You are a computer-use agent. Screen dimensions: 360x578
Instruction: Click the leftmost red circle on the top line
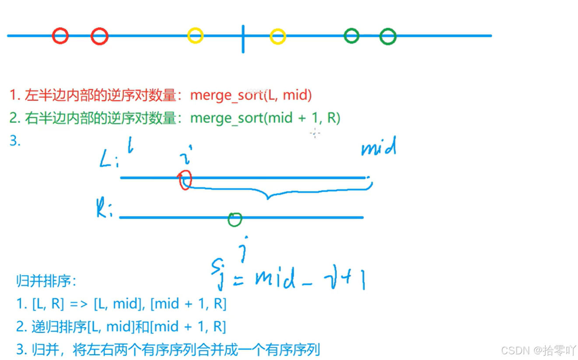click(60, 35)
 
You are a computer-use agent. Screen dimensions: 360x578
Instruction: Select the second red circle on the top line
click(99, 36)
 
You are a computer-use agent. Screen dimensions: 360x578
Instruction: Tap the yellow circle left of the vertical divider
click(195, 35)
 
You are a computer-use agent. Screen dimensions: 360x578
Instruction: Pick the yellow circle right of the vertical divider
click(278, 36)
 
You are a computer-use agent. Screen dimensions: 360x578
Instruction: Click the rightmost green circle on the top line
click(388, 36)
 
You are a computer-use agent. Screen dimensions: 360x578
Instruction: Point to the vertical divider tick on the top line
click(243, 38)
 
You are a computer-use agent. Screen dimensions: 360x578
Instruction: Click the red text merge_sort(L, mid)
click(251, 95)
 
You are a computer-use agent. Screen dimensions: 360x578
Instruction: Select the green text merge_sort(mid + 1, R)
click(265, 118)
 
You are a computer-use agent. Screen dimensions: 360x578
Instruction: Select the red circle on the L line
click(186, 180)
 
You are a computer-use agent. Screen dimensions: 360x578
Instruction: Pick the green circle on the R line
click(235, 219)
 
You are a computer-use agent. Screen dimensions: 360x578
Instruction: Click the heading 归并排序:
click(46, 281)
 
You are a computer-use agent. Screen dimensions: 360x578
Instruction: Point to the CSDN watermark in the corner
click(538, 350)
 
